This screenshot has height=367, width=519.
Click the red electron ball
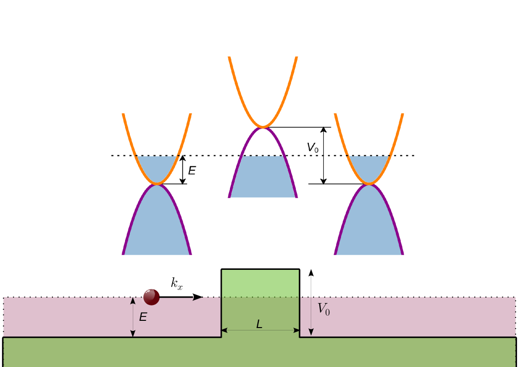point(151,297)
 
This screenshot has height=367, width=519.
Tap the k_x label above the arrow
point(177,284)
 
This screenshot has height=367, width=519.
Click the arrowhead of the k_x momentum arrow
point(198,297)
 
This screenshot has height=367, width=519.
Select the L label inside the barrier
point(259,324)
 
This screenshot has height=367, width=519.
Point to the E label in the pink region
point(143,317)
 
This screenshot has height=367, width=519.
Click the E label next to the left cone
point(192,170)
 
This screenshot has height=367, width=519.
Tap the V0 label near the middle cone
point(313,148)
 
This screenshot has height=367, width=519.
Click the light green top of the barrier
point(260,283)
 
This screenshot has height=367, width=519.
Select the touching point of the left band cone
point(157,184)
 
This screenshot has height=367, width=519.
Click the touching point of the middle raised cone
point(263,127)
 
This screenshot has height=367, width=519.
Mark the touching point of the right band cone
point(369,184)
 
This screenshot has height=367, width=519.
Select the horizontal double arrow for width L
point(241,330)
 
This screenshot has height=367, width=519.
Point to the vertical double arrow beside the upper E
point(183,170)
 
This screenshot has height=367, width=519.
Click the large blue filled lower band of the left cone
point(157,226)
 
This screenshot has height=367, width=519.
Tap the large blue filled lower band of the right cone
point(369,226)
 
